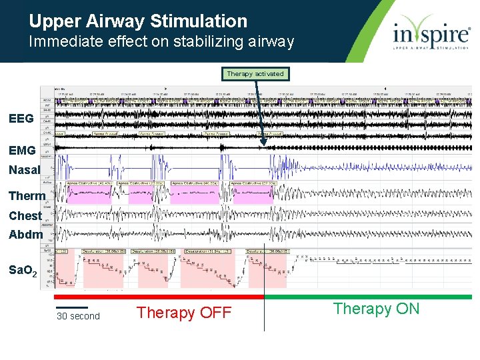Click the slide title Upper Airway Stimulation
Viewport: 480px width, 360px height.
[x=138, y=21]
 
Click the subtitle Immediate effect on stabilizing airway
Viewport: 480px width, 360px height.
[x=161, y=42]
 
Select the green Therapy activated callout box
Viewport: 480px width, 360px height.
[x=255, y=74]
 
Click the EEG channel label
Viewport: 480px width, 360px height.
[x=21, y=119]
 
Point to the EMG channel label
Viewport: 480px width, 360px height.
[x=22, y=151]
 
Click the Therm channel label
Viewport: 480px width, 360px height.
[x=27, y=196]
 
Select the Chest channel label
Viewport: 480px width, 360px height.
[x=25, y=216]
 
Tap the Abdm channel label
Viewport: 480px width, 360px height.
[x=25, y=234]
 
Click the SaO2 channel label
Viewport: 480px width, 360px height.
[x=25, y=270]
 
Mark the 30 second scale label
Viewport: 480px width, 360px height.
[x=78, y=316]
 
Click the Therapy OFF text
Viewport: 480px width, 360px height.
[x=183, y=313]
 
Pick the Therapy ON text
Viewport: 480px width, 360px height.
[x=376, y=308]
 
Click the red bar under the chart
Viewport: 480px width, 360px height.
[x=159, y=297]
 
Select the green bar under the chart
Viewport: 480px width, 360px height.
[x=368, y=297]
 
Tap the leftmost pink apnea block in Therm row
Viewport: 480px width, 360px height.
[x=88, y=194]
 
